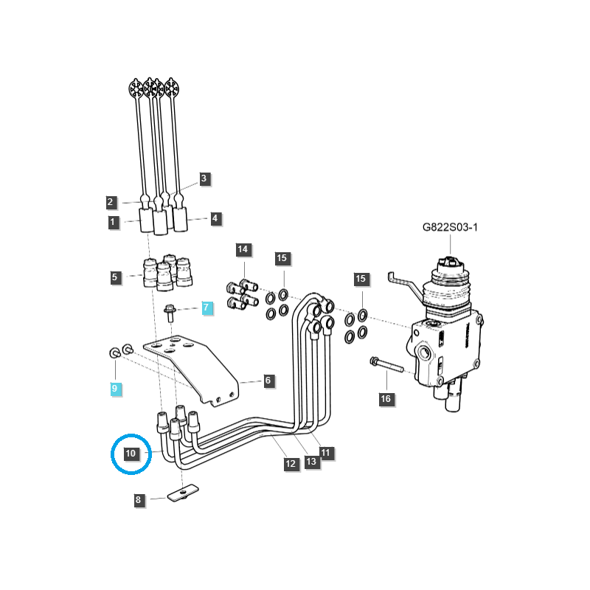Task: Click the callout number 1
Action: [113, 221]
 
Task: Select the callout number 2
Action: [110, 201]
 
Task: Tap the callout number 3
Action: [205, 178]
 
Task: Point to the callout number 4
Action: [215, 218]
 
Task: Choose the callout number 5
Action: [115, 278]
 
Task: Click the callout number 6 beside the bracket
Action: [268, 381]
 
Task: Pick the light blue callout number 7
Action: [206, 308]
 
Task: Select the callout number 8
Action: [138, 500]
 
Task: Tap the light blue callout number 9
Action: [115, 387]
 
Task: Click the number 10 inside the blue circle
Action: [131, 453]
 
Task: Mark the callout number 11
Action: [325, 451]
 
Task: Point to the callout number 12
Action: [291, 464]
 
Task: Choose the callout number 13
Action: [310, 461]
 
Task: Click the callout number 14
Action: [243, 249]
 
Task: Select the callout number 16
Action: [386, 399]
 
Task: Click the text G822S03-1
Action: [450, 228]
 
